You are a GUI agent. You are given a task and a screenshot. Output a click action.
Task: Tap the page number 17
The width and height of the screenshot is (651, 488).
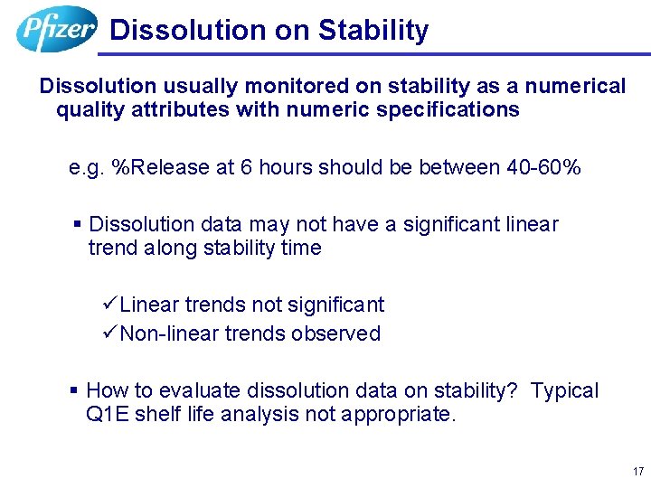tap(638, 472)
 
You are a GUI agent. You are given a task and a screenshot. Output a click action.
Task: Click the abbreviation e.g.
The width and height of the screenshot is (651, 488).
tap(86, 168)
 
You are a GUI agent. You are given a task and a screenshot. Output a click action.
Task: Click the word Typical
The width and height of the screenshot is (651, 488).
tap(564, 390)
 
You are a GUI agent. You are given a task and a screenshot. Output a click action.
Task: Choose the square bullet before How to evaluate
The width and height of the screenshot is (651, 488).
tap(74, 390)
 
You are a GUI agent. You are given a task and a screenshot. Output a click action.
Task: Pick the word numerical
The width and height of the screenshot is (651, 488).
tap(575, 87)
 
